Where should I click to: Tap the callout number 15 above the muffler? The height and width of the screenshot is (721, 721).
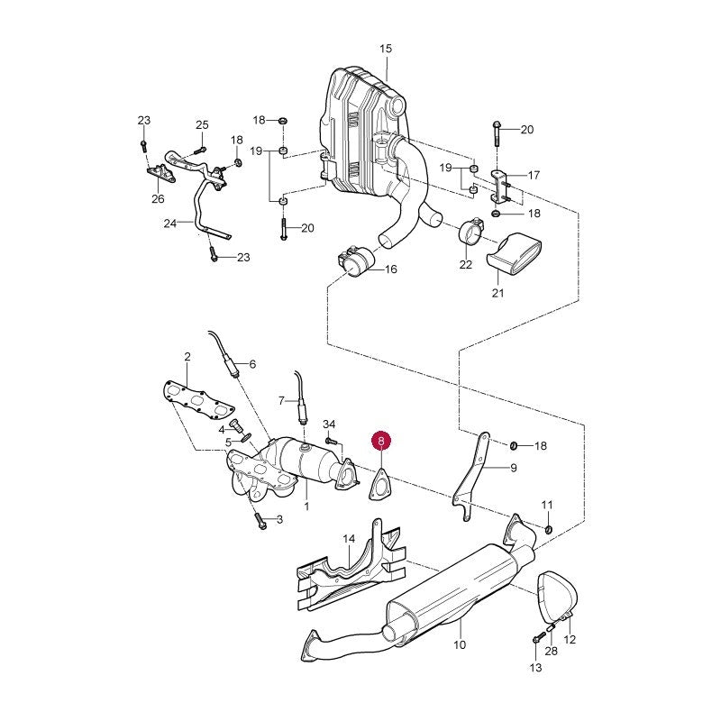point(386,49)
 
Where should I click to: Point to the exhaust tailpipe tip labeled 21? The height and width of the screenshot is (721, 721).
point(514,253)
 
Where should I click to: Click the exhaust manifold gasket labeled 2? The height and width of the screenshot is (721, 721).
point(198,399)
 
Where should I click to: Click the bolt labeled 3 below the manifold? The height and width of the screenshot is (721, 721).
point(259,521)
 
